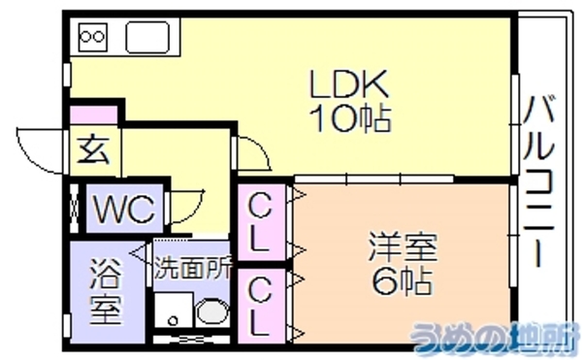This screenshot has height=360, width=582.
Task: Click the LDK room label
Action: click(349, 83)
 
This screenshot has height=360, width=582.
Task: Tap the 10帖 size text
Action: click(351, 118)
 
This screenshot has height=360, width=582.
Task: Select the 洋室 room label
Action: click(404, 247)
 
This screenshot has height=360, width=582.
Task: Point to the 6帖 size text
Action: click(404, 280)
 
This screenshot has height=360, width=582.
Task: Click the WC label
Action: click(123, 209)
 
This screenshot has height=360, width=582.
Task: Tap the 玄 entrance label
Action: click(94, 150)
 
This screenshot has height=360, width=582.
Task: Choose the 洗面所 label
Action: click(193, 268)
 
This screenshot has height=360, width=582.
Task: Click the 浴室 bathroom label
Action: click(106, 292)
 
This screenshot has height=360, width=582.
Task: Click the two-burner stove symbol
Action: click(93, 37)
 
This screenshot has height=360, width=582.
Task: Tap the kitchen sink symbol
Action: click(147, 37)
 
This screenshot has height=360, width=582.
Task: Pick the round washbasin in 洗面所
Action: click(212, 311)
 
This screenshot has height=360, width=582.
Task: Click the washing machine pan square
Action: click(174, 310)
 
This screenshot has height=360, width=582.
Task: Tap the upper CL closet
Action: click(261, 222)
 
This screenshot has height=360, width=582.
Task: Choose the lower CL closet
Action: click(261, 306)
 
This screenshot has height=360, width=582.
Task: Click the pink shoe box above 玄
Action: click(93, 115)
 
